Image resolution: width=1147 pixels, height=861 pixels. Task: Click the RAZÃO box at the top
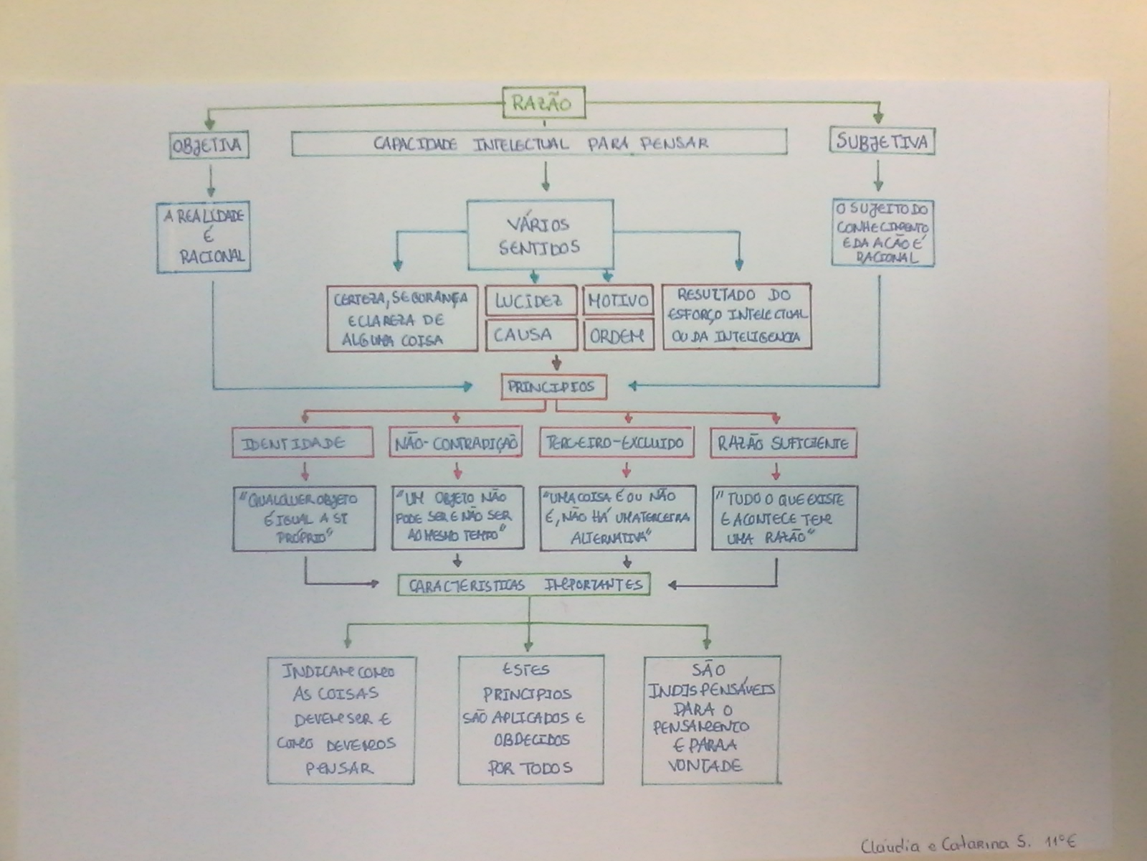coord(543,103)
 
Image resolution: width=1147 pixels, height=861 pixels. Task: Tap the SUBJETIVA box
coord(882,141)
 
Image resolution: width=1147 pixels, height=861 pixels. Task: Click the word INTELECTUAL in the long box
coord(520,143)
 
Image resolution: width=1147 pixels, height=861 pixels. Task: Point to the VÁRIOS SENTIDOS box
coord(540,235)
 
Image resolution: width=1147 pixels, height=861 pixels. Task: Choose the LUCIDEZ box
coord(530,301)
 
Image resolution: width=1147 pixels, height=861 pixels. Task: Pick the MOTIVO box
coord(618,301)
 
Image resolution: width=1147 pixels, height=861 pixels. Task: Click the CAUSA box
coord(530,334)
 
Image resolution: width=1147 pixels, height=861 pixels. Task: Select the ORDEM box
coord(618,335)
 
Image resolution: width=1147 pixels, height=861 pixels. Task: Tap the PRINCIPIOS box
coord(553,387)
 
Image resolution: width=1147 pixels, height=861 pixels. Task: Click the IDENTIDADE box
coord(303,443)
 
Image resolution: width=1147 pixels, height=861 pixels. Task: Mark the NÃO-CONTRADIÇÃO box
coord(456,443)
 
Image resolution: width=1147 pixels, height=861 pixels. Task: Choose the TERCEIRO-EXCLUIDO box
coord(616,443)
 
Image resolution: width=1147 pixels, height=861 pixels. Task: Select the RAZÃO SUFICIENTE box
coord(783,443)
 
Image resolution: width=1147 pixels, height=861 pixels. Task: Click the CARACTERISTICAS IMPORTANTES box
coord(524,585)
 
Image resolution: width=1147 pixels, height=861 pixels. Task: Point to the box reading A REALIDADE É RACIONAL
coord(204,237)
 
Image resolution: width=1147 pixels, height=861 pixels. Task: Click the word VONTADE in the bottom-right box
coord(705,766)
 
